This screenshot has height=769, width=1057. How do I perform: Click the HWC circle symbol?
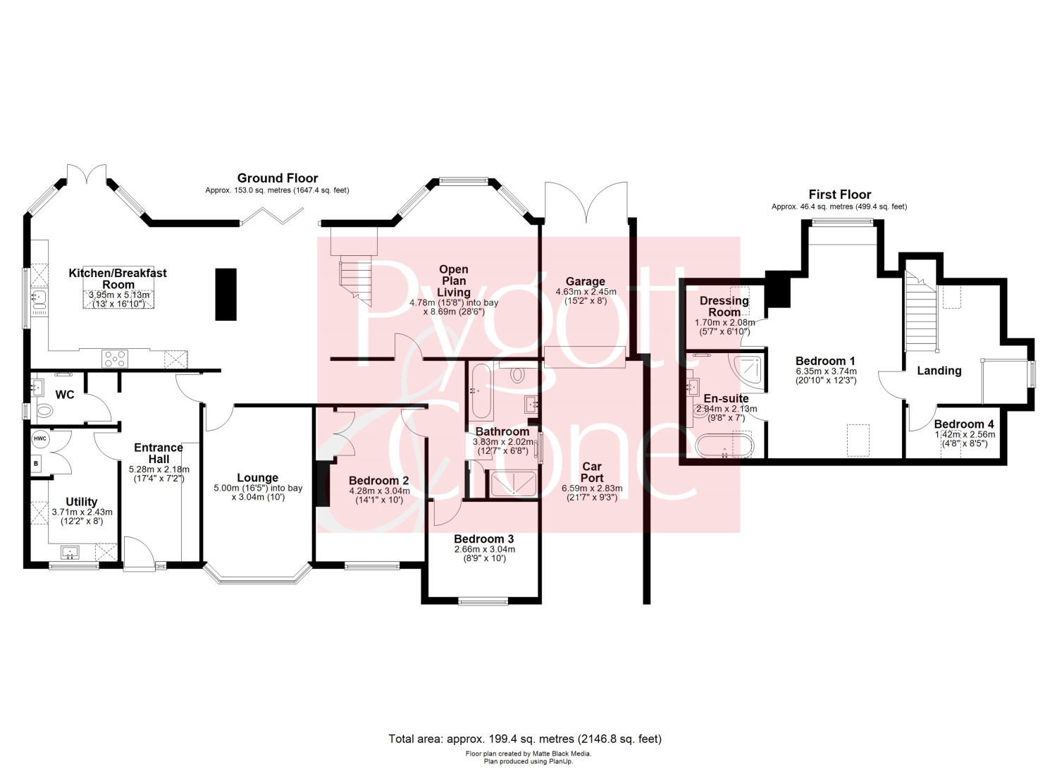click(40, 438)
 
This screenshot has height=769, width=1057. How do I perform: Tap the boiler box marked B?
click(36, 464)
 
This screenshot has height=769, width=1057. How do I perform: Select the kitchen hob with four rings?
click(115, 358)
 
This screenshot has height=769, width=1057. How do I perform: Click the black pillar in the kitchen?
click(225, 294)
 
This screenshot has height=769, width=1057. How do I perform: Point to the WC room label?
click(65, 395)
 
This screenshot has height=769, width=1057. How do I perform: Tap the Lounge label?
click(258, 478)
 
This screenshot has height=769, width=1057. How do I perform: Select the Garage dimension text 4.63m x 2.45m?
click(586, 292)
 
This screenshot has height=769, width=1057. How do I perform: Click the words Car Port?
click(592, 472)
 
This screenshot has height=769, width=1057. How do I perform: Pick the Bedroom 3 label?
click(483, 539)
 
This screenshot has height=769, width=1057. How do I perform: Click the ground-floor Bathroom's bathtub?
click(481, 391)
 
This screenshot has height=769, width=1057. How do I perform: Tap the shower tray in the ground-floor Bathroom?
click(513, 484)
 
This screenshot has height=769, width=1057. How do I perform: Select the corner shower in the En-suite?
click(746, 370)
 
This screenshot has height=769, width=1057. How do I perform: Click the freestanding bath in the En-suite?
click(724, 445)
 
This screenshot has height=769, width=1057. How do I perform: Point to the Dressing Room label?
click(724, 307)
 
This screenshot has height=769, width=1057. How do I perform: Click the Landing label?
click(939, 371)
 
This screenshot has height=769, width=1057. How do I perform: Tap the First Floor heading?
click(839, 195)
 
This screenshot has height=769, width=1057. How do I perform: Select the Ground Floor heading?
click(278, 178)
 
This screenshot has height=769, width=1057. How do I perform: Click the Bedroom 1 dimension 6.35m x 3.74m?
click(826, 371)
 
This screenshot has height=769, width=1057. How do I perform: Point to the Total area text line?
click(525, 739)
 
